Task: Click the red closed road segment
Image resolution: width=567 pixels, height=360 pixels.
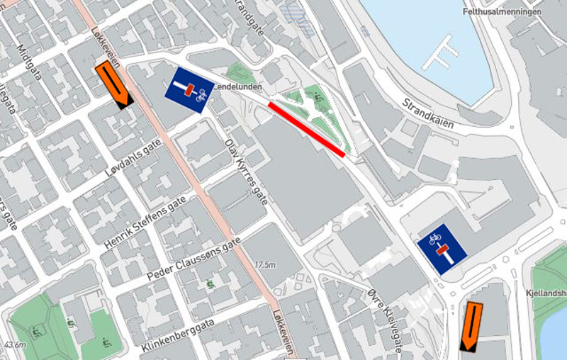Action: click(x=306, y=129)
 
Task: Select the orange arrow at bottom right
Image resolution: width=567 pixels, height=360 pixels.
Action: click(x=470, y=326)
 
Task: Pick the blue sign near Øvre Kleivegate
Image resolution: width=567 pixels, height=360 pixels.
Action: click(x=441, y=248)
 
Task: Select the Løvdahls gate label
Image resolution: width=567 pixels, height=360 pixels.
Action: click(x=132, y=158)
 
